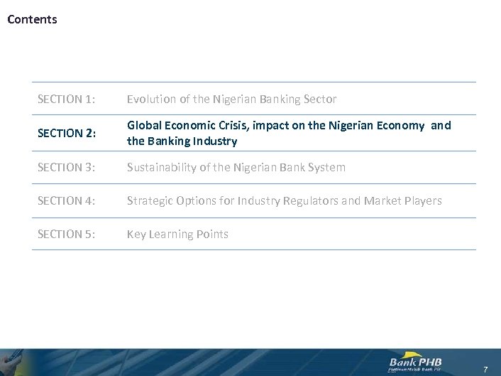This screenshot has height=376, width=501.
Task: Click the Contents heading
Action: (x=32, y=19)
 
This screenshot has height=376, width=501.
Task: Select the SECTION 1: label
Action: (x=66, y=99)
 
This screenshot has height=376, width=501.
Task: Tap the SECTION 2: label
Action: (x=66, y=134)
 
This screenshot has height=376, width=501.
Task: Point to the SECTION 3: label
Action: (x=66, y=168)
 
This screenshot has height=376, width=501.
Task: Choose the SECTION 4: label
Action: (x=66, y=201)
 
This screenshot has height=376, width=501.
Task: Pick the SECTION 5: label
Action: (x=66, y=235)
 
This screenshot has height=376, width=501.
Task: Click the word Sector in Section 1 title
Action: (x=319, y=99)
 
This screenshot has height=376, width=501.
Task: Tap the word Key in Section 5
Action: (x=136, y=235)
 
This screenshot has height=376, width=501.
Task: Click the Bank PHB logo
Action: (x=416, y=361)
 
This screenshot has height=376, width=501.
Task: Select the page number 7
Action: (x=485, y=369)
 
